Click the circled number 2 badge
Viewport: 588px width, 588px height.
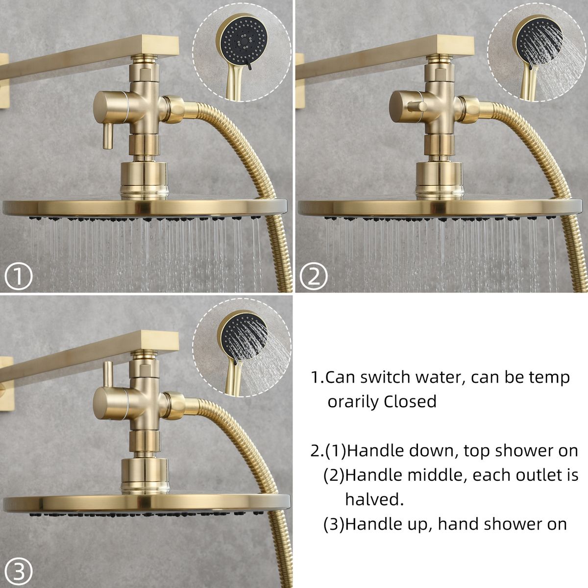(x=314, y=276)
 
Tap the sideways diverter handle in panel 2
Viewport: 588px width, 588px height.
(x=416, y=107)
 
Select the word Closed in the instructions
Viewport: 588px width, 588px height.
(x=410, y=402)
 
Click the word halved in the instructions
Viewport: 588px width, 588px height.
(x=374, y=500)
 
